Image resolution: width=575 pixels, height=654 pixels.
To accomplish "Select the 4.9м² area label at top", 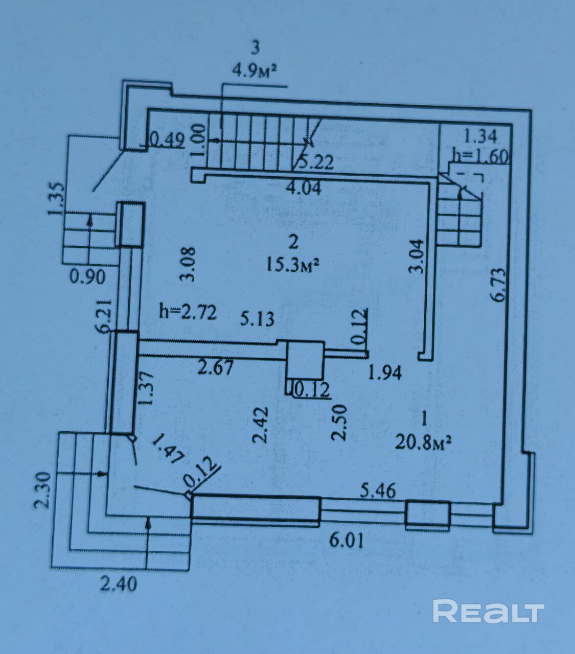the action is point(256,71).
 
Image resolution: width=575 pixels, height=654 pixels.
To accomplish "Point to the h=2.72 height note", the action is point(188,312).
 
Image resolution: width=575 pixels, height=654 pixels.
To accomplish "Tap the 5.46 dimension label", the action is point(378,492).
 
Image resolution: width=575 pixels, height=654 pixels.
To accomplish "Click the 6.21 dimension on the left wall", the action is point(106,316).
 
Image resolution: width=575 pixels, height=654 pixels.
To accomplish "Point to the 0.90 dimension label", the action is point(88,276).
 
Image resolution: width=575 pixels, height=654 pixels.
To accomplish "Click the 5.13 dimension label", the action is point(257,318).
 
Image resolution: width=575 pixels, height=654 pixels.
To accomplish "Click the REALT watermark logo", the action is point(489,611).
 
